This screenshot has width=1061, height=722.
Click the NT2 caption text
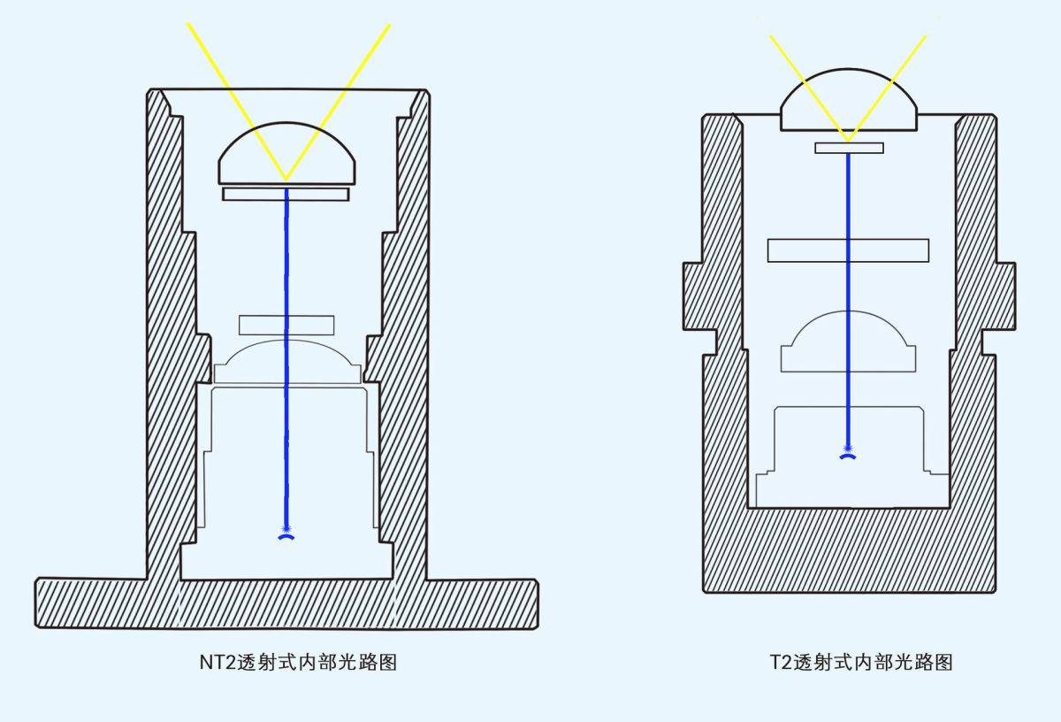point(298,662)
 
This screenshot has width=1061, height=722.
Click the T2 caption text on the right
point(861,662)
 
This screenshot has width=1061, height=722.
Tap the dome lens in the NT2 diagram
point(286,154)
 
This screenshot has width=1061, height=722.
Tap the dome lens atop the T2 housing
point(848,101)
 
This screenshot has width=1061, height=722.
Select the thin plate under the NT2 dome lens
point(286,195)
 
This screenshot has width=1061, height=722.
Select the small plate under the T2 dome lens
point(849,148)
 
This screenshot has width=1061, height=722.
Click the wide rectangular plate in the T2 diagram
point(848,250)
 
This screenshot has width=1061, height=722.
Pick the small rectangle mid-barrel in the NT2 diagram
point(286,326)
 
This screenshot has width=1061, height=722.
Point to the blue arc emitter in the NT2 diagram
point(286,537)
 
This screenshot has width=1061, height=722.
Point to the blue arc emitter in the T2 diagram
point(848,457)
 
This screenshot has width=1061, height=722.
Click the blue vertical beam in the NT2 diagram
point(286,358)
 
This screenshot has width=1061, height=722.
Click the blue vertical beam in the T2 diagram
point(848,300)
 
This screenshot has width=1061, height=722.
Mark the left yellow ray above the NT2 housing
point(237,102)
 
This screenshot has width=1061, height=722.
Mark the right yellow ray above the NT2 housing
point(338,102)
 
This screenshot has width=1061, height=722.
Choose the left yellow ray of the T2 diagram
point(810,88)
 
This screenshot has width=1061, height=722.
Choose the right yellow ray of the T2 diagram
point(887,88)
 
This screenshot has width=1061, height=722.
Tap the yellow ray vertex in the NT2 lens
point(286,180)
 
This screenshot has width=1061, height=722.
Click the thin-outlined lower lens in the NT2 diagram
point(287,361)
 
